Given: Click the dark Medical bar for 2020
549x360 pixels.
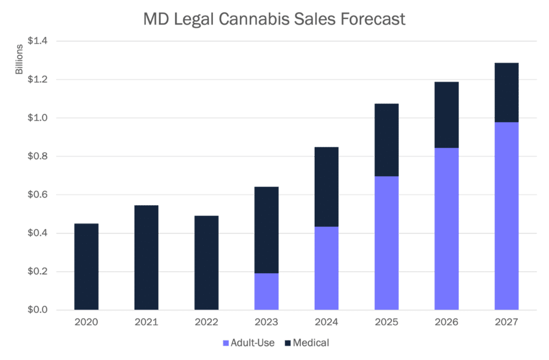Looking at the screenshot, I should [x=86, y=266].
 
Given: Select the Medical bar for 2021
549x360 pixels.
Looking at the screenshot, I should [x=146, y=257].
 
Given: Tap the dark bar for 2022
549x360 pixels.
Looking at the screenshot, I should [x=206, y=262].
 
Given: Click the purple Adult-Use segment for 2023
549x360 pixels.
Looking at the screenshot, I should [x=266, y=291].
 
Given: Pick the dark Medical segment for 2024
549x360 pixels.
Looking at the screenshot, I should [x=326, y=187].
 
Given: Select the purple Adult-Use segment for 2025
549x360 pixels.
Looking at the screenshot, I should [x=386, y=243].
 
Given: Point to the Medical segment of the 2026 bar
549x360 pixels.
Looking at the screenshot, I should [x=446, y=115].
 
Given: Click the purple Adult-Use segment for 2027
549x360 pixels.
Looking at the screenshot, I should [x=506, y=216].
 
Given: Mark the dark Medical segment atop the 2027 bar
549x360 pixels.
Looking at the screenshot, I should [x=506, y=93].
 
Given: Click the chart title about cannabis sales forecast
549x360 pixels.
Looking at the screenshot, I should [x=274, y=20].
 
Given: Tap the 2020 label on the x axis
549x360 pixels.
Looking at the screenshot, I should [x=86, y=323].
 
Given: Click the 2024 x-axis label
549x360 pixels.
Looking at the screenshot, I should [x=326, y=323].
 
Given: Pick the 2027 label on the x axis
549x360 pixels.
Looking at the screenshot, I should [x=506, y=323].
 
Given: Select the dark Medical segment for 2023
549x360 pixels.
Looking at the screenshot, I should [x=266, y=230].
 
